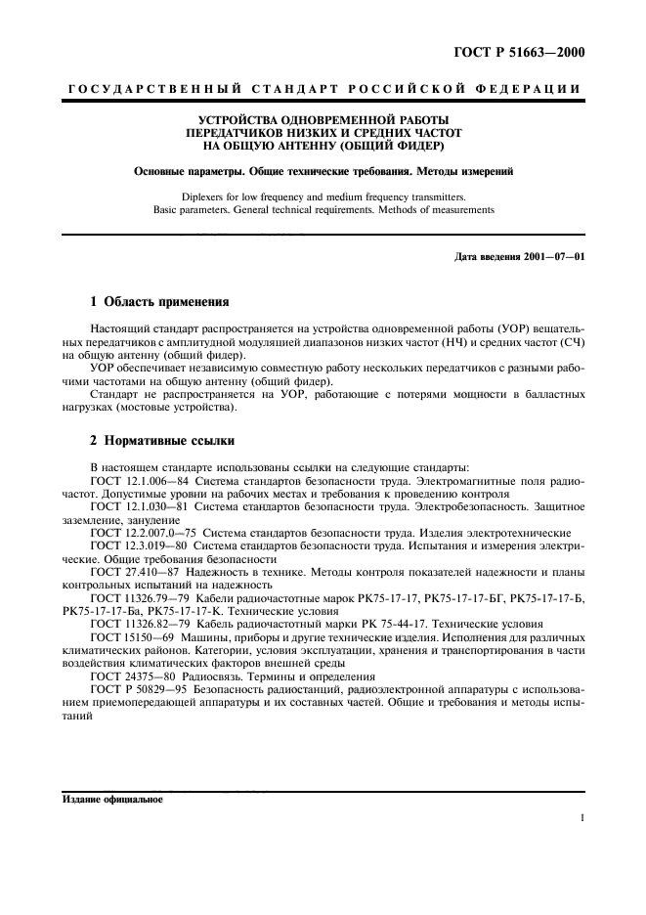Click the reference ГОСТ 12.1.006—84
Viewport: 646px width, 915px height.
(141, 482)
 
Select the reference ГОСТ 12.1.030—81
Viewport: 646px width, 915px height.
(141, 506)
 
